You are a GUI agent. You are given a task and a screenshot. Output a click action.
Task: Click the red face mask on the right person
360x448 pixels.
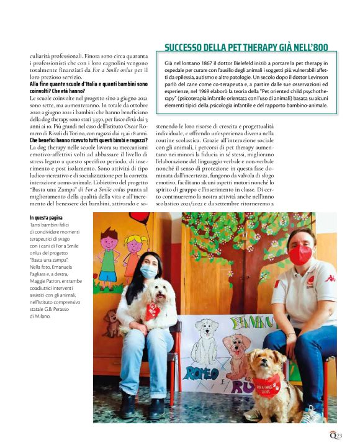[300, 254]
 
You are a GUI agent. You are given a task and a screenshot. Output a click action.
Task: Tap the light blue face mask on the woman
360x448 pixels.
[149, 271]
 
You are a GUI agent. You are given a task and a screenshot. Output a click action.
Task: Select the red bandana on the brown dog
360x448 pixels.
[268, 385]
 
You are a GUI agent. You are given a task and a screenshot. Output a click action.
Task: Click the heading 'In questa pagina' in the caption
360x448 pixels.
[47, 218]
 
